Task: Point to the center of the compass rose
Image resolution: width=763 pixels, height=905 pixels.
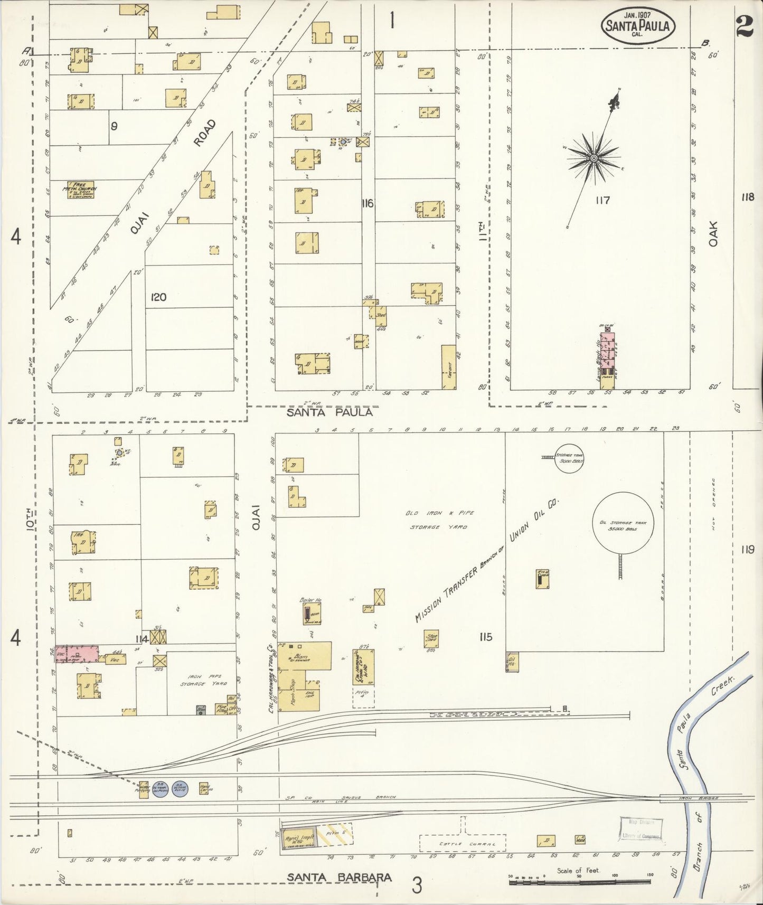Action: click(x=594, y=158)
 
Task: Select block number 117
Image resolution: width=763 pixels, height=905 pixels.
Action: click(x=602, y=201)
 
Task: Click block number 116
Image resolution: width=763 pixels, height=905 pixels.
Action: click(x=368, y=203)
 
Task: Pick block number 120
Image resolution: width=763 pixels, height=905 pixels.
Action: click(x=158, y=297)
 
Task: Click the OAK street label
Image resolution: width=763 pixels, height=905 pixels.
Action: click(x=714, y=233)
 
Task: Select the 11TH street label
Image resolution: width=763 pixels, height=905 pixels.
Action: click(x=482, y=231)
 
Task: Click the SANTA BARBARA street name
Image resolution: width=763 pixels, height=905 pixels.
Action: click(x=339, y=877)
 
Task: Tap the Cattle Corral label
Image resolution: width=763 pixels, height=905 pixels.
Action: click(x=462, y=844)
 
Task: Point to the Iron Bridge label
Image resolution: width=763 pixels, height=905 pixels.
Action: click(x=691, y=798)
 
